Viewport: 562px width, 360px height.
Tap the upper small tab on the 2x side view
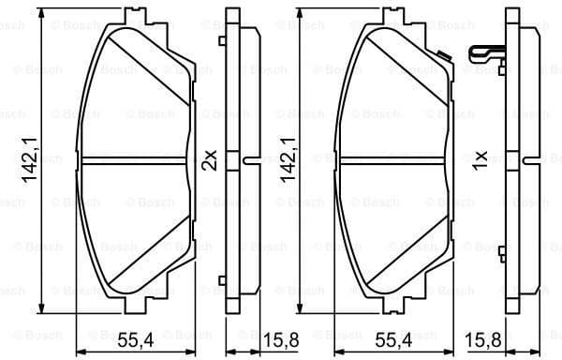(x=221, y=40)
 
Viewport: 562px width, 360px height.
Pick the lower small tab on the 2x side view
(x=221, y=279)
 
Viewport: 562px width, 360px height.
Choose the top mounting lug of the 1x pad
(x=392, y=22)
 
